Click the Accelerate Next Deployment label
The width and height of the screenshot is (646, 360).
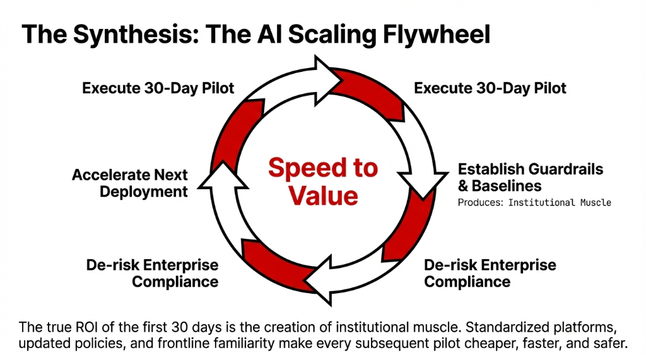(130, 183)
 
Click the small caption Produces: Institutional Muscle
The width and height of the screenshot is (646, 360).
(534, 203)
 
